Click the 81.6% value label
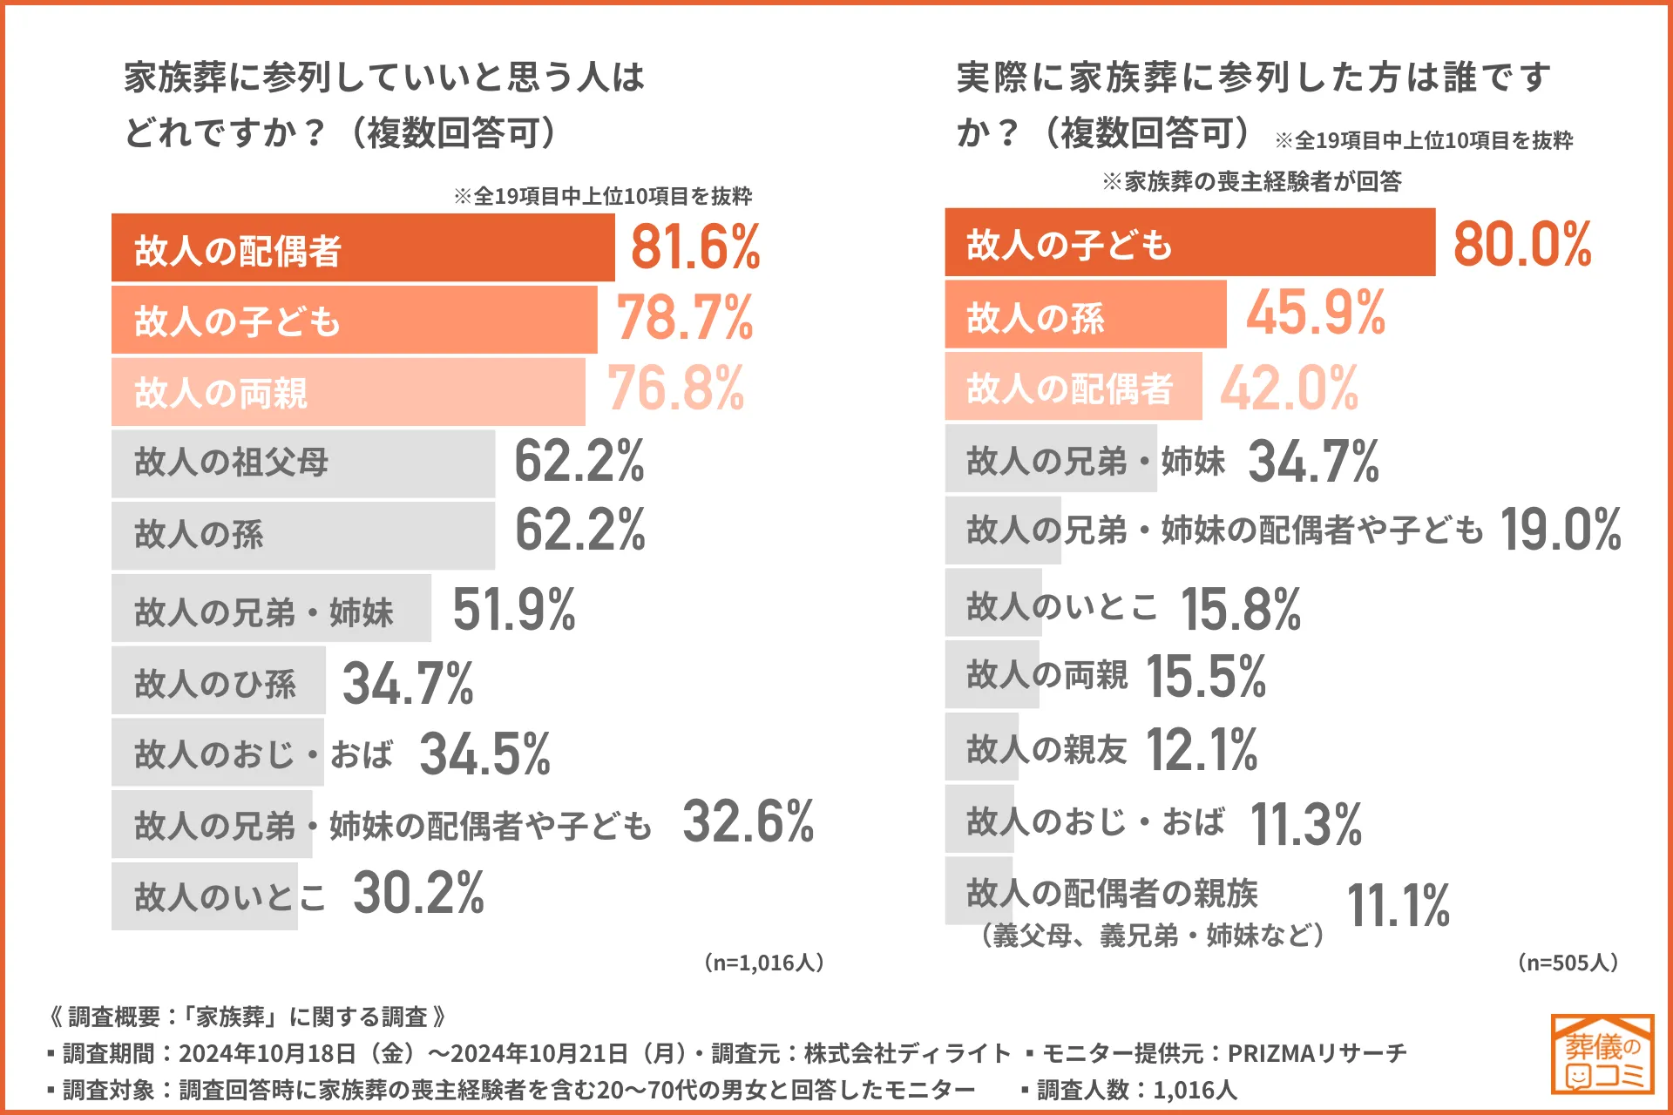tap(695, 247)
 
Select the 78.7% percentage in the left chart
tap(685, 318)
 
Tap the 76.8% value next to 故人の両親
tap(676, 389)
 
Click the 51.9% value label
tap(514, 609)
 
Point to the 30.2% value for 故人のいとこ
tap(418, 894)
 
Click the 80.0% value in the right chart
tap(1522, 244)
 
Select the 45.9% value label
tap(1316, 313)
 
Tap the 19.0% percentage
tap(1560, 530)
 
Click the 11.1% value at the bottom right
tap(1399, 906)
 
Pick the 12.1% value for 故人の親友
tap(1202, 750)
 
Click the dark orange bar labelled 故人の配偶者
tap(362, 248)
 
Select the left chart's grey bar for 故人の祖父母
tap(302, 463)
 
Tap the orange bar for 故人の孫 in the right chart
tap(1085, 314)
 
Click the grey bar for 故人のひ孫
tap(218, 680)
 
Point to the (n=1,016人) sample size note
tap(763, 963)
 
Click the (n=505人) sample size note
tap(1568, 963)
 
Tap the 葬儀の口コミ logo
tap(1602, 1054)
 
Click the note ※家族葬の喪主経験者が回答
tap(1251, 181)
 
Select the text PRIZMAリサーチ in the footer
tap(1317, 1053)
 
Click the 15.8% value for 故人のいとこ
tap(1241, 609)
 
